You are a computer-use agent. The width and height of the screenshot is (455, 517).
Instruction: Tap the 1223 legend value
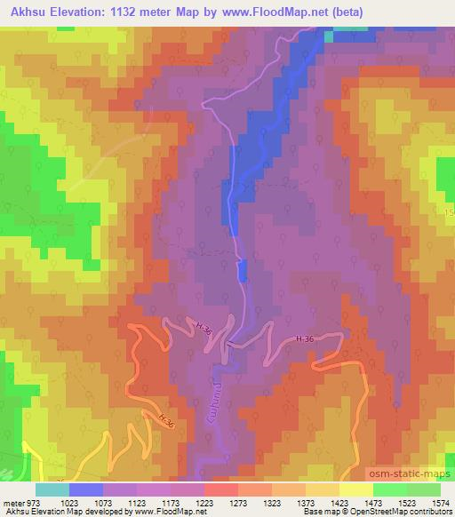204,502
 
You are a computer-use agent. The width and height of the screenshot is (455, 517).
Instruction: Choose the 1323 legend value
272,502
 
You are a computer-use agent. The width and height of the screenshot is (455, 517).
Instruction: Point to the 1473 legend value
373,502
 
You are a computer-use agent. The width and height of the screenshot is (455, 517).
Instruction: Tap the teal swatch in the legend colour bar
52,489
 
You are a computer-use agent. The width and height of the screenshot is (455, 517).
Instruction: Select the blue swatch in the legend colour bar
86,489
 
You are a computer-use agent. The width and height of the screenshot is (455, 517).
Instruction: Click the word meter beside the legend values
12,502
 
